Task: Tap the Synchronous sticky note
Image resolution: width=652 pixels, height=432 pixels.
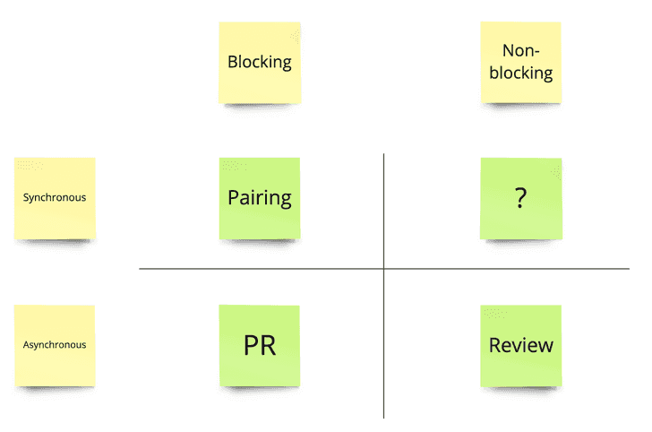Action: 55,198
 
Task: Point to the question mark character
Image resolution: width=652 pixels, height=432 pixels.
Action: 520,199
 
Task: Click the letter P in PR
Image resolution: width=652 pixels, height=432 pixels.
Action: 251,346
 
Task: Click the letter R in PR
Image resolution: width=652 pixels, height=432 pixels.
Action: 268,346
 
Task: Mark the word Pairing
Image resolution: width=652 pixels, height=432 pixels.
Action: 260,198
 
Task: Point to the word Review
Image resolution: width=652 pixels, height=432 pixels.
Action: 520,346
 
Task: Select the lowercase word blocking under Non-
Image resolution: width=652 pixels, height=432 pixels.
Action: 520,73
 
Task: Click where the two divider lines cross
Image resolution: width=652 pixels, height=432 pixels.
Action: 383,269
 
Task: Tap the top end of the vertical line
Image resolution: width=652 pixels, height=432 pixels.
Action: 383,155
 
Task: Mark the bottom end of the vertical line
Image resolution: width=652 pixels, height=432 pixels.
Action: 383,417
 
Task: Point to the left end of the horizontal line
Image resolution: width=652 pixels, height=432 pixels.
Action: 141,269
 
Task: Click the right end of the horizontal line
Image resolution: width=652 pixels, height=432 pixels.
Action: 628,269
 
